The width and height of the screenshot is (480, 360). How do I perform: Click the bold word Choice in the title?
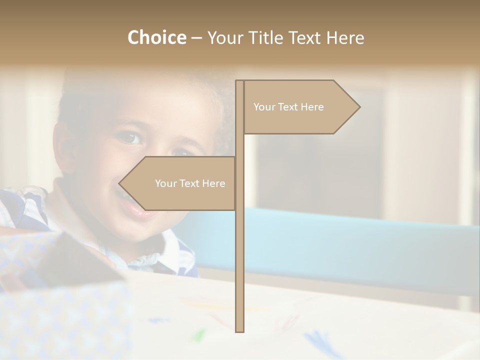pyautogui.click(x=156, y=37)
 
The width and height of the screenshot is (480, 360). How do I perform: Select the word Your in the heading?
pyautogui.click(x=225, y=37)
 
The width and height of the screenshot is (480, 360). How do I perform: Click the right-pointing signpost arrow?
pyautogui.click(x=300, y=107)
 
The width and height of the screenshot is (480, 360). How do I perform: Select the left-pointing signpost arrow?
pyautogui.click(x=180, y=183)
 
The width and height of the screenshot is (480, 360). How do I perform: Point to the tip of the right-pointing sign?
pyautogui.click(x=358, y=107)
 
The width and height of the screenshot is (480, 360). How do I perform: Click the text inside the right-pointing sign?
pyautogui.click(x=288, y=107)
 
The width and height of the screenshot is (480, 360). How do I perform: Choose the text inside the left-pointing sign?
pyautogui.click(x=190, y=183)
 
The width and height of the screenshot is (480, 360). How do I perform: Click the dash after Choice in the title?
pyautogui.click(x=196, y=38)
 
